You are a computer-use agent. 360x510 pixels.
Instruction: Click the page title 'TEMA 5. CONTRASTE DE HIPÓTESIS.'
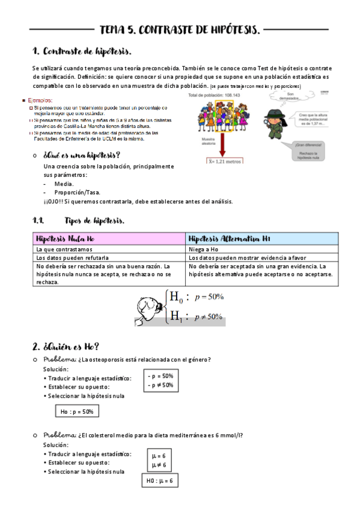coord(180,29)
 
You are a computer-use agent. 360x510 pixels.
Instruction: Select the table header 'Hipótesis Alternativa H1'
coord(229,239)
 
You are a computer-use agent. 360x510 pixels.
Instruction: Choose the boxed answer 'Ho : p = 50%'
coord(77,411)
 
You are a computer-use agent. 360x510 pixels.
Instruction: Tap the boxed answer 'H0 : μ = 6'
coord(160,481)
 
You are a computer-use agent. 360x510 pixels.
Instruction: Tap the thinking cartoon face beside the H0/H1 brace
coord(147,307)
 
